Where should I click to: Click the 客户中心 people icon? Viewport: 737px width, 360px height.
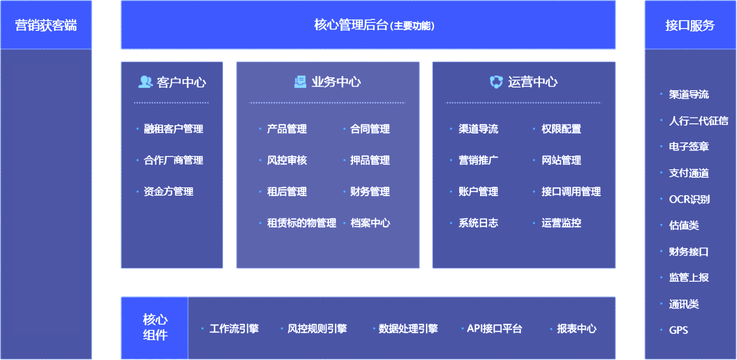click(x=145, y=82)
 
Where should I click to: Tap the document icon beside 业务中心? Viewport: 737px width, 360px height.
click(x=300, y=82)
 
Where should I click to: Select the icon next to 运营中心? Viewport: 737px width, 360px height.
click(x=496, y=82)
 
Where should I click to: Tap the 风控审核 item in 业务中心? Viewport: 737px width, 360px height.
click(x=287, y=160)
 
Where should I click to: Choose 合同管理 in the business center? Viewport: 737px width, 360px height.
click(x=370, y=129)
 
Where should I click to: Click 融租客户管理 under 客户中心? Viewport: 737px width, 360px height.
click(x=173, y=129)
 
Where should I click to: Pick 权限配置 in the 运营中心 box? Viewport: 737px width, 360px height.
click(x=561, y=129)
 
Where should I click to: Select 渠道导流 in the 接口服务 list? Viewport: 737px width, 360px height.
click(x=689, y=94)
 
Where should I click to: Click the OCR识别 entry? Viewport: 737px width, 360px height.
click(x=689, y=199)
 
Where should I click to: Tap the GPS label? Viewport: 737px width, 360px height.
click(x=679, y=330)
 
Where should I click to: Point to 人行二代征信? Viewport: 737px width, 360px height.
click(x=698, y=121)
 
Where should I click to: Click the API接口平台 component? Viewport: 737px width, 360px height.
click(x=494, y=329)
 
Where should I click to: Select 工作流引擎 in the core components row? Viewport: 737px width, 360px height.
click(x=234, y=329)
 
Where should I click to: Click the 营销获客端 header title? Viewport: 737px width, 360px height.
click(x=46, y=25)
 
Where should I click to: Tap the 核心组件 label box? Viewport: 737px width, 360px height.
click(x=155, y=327)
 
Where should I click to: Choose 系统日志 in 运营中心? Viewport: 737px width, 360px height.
click(x=478, y=223)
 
